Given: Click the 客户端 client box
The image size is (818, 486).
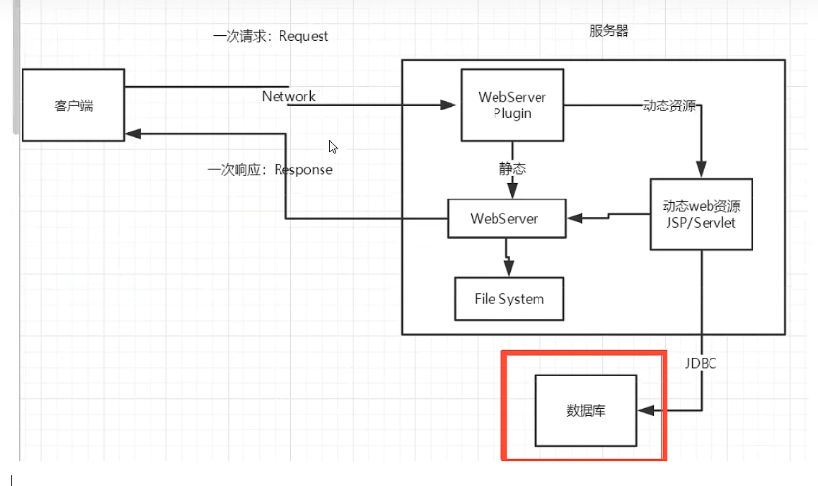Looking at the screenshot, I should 73,106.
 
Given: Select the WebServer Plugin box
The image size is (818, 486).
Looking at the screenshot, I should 511,105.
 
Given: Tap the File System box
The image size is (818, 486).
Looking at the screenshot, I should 509,298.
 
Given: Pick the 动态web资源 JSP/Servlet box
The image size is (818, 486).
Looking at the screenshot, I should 701,214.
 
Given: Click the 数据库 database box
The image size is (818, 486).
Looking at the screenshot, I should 585,410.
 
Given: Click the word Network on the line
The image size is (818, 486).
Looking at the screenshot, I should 288,96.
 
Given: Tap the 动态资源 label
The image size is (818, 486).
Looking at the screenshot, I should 669,105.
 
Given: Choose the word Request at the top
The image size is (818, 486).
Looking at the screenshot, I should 304,36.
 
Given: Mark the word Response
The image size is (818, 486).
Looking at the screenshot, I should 303,169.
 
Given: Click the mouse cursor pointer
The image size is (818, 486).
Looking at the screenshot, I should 333,147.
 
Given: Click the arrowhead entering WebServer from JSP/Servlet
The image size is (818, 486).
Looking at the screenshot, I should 575,217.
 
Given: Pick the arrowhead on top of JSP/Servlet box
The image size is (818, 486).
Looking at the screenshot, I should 701,171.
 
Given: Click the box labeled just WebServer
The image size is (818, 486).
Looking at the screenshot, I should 505,218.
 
